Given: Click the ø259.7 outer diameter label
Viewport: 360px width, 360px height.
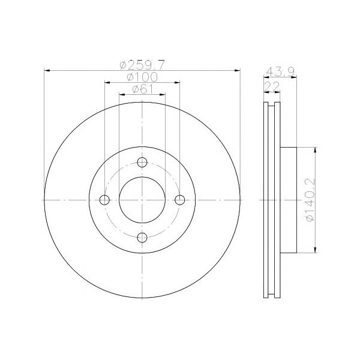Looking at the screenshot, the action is coord(142,65).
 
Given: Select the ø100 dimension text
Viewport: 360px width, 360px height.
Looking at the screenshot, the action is coord(142,77).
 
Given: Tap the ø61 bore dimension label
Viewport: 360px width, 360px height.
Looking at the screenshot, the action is coord(142,89).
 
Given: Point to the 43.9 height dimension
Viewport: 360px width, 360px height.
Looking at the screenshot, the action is coord(280,72).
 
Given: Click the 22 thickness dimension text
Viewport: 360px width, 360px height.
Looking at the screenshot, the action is coord(272,86).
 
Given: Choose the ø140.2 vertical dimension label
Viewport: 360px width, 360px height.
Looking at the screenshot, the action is coord(310,200).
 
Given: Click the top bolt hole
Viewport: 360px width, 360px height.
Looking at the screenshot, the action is coord(142,163).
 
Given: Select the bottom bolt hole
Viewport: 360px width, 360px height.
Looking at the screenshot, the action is coord(142,238).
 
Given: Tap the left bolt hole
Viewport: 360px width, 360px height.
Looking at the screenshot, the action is coord(104,200).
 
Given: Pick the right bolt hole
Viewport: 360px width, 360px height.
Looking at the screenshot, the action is coord(180,200).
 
